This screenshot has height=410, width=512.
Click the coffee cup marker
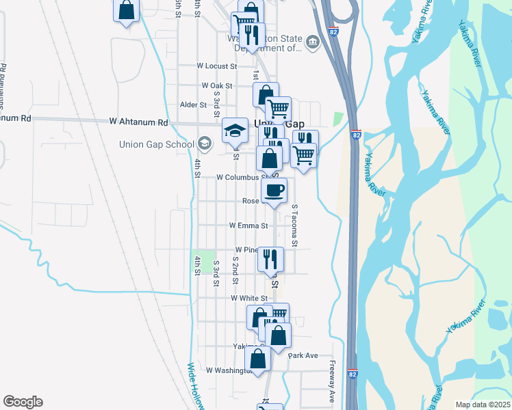274,191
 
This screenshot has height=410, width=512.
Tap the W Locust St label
216,66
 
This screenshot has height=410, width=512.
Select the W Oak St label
217,85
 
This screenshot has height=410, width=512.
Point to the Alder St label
192,105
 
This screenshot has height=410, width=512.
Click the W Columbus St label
240,177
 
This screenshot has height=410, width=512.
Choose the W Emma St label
248,225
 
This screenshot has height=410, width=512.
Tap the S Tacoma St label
295,225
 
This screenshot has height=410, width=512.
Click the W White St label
248,299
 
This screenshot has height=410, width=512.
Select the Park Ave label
303,355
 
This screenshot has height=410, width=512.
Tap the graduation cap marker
235,130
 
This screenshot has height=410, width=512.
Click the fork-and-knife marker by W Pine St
270,259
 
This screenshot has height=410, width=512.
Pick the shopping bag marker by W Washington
258,359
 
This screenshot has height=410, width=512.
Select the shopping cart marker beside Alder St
278,109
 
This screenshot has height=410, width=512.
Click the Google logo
23,402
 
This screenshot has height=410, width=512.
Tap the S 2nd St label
235,270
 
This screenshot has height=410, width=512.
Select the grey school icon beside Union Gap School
204,144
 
